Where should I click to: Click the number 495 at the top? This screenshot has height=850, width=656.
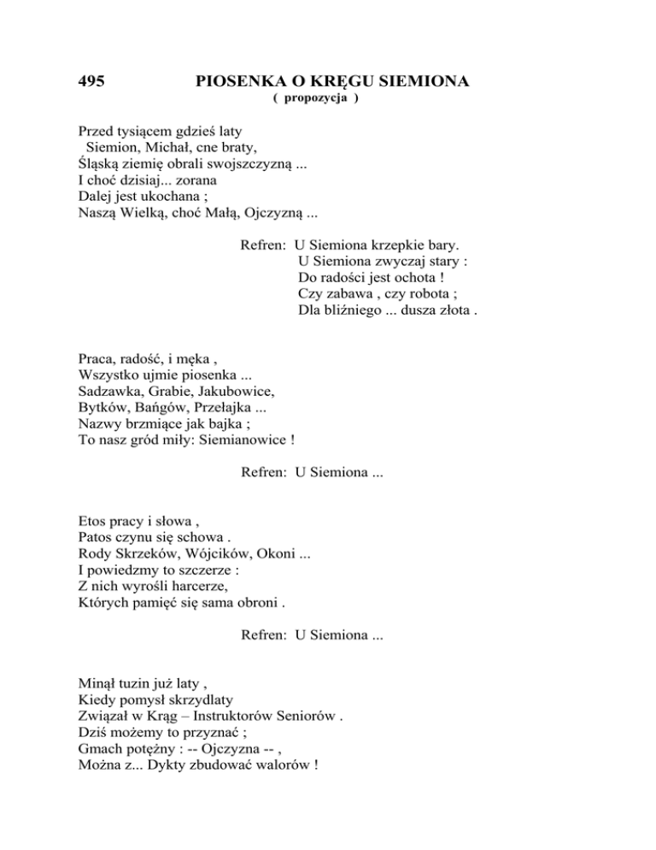(91, 82)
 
